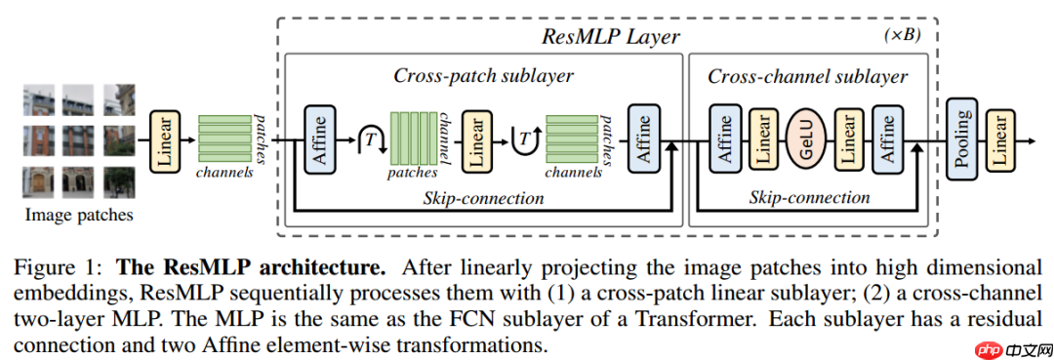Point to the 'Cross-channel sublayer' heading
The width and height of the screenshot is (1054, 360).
pyautogui.click(x=807, y=76)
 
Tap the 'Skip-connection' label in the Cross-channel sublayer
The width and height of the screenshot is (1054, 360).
pyautogui.click(x=809, y=197)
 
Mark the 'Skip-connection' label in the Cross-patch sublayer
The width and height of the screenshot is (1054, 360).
pyautogui.click(x=483, y=198)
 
